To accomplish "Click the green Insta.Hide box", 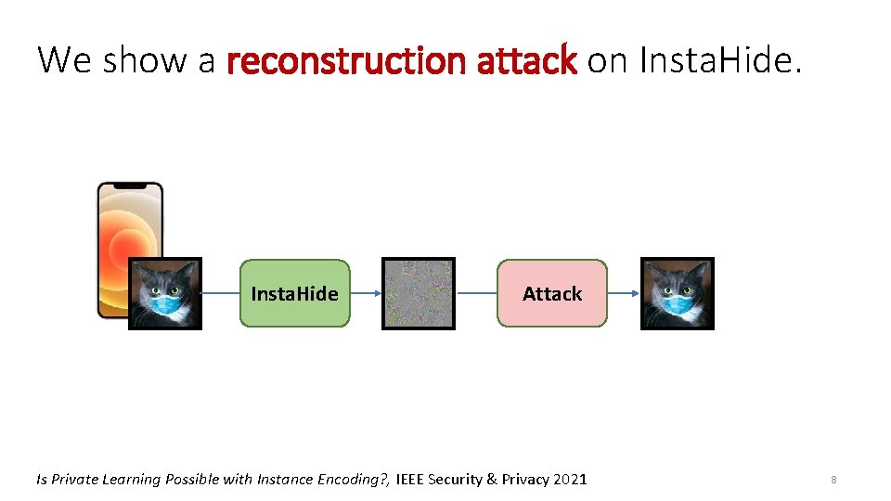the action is click(294, 293).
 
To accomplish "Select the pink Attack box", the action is click(551, 293).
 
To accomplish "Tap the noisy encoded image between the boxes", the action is click(419, 293).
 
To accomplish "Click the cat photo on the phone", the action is click(164, 293).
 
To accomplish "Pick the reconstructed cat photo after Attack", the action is click(677, 293).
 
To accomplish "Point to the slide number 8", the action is click(833, 480).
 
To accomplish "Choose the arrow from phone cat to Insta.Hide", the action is click(221, 293).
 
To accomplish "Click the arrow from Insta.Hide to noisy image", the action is click(366, 293).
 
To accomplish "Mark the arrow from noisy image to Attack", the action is click(476, 293).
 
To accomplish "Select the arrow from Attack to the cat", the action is click(623, 293).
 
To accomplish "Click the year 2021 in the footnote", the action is click(569, 480).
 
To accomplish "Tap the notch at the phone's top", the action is click(130, 186).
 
